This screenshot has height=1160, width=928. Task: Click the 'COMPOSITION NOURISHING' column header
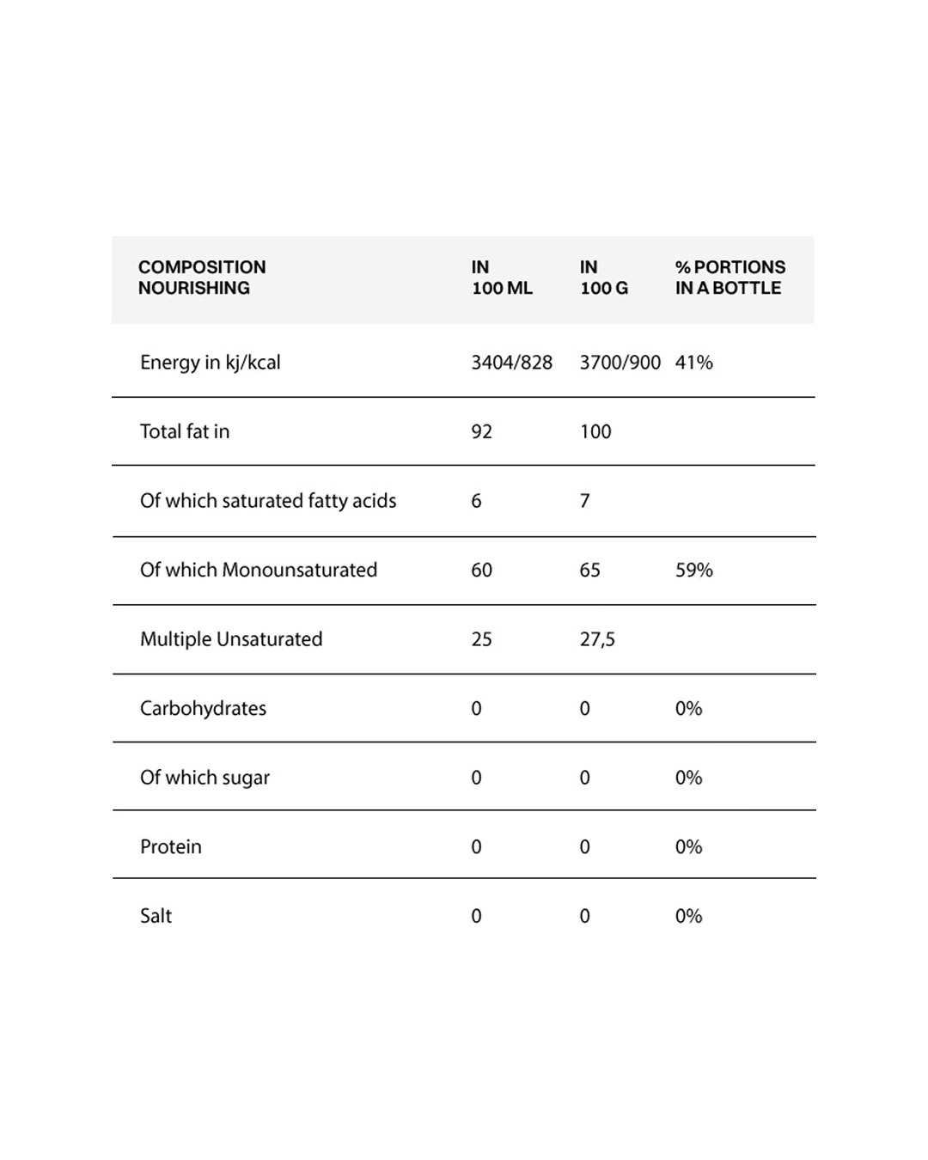point(202,278)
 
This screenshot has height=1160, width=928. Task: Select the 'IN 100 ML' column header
point(502,278)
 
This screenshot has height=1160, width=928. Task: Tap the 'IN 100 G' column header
point(603,278)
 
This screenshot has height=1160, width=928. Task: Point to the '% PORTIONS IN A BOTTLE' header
point(730,278)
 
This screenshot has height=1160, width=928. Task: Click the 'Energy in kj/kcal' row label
point(211,363)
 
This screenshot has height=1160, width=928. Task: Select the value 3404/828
point(511,363)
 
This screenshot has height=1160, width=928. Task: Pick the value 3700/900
point(620,363)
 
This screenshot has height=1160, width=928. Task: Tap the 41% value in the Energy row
point(693,363)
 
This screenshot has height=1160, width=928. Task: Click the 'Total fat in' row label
point(185,431)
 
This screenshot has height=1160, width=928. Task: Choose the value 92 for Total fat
point(481,431)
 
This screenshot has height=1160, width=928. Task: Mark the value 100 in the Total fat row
point(595,431)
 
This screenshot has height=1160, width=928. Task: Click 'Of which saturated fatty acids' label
point(268,501)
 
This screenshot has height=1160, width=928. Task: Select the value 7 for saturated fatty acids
point(585,501)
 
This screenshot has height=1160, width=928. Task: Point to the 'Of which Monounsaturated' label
point(259,570)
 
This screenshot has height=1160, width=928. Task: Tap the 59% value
point(693,570)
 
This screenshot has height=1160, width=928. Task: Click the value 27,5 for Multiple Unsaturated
point(597,639)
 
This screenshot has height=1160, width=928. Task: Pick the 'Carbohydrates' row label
point(203,708)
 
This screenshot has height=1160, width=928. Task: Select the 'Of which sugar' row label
point(205,778)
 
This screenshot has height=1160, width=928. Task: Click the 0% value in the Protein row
point(688,846)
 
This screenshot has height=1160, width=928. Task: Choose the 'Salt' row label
point(156,916)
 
